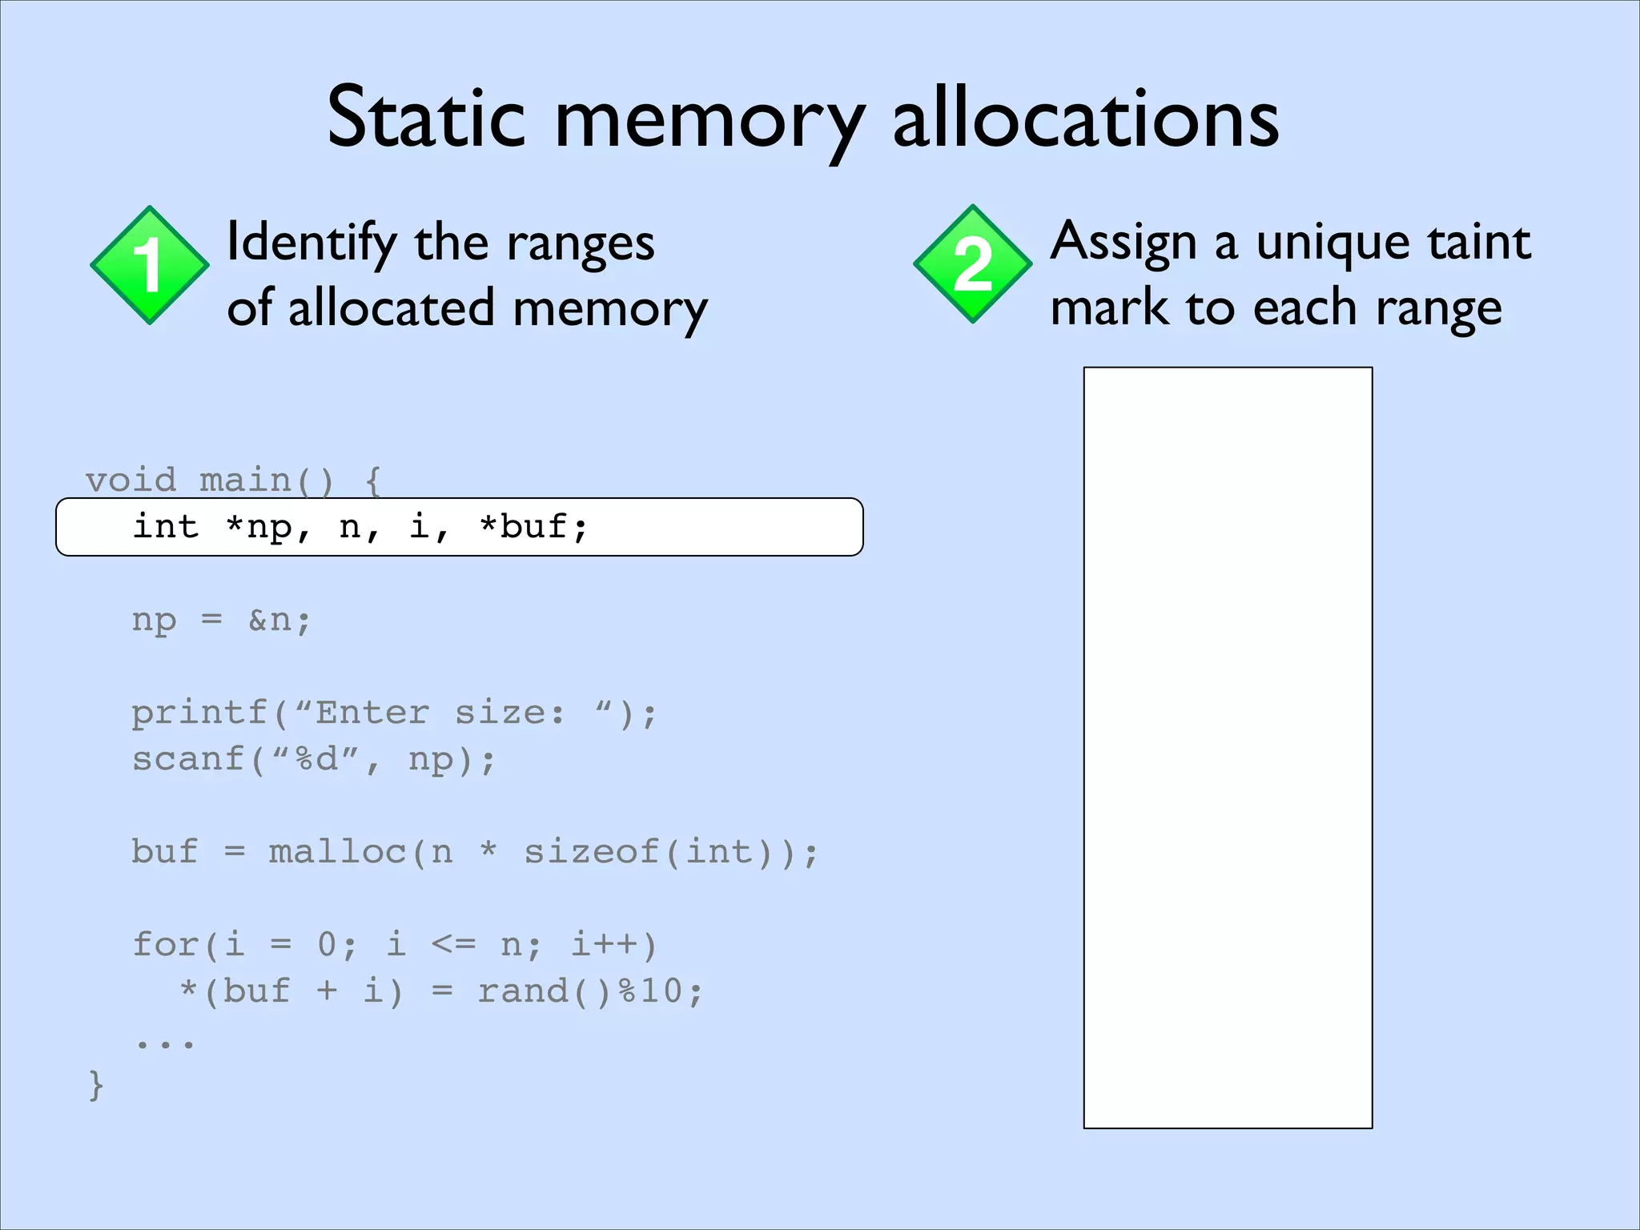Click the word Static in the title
coord(425,119)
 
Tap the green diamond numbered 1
coord(150,265)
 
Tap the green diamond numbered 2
coord(972,264)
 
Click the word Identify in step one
coord(312,243)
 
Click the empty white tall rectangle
coord(1228,747)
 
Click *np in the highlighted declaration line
coord(258,527)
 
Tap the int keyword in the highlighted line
coord(166,527)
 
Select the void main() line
coord(233,480)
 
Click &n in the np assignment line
coord(278,620)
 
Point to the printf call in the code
coord(393,713)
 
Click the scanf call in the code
coord(313,759)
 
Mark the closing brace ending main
coord(96,1085)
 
